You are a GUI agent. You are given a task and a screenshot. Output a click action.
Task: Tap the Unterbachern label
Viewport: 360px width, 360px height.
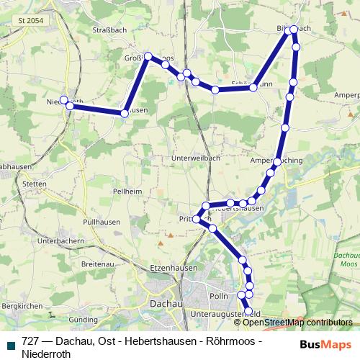(58, 240)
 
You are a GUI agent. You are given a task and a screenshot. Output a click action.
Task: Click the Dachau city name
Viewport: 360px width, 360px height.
(163, 304)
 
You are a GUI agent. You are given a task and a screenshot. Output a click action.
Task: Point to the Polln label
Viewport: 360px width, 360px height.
(217, 297)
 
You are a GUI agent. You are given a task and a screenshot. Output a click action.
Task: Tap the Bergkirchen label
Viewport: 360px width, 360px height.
(19, 306)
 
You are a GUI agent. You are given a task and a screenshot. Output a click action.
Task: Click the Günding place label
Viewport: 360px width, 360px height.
(83, 318)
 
